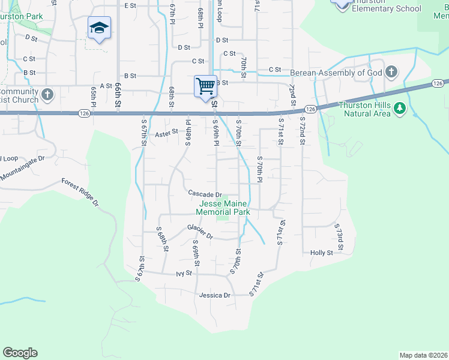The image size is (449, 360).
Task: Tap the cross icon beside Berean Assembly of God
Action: click(391, 73)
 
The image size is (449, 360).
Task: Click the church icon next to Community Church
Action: click(47, 95)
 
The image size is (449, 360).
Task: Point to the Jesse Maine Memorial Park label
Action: click(224, 208)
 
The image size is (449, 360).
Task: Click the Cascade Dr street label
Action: click(205, 194)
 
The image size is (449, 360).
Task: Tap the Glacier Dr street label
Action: click(200, 231)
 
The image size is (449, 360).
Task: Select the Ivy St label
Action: click(184, 273)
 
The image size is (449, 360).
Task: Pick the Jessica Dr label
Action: click(215, 295)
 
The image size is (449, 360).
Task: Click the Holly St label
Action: click(321, 253)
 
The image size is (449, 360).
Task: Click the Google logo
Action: click(20, 353)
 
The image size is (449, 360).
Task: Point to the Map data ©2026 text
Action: click(423, 355)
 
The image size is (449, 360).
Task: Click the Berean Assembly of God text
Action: click(336, 73)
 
